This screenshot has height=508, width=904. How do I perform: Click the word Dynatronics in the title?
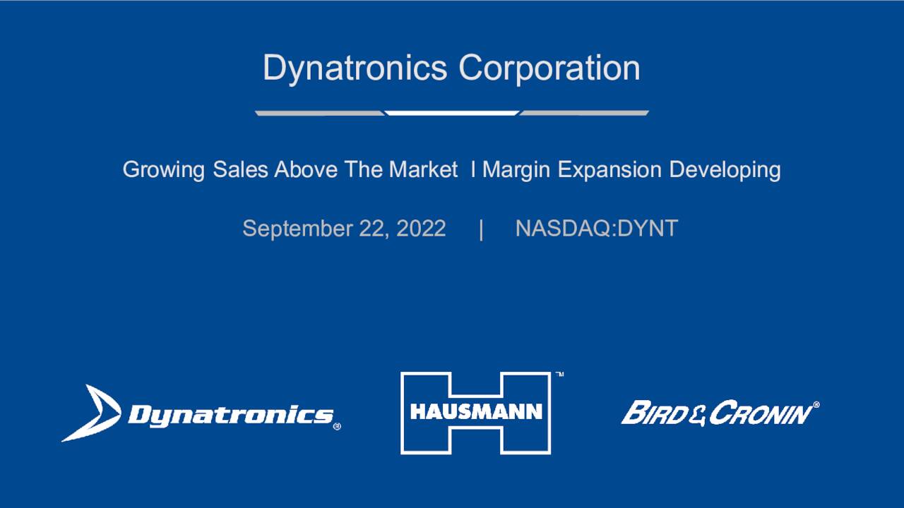coord(355,68)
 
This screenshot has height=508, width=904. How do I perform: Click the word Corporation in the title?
coord(549,68)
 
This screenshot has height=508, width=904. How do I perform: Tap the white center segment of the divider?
coord(452,113)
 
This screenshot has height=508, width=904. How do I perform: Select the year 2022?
coord(421,229)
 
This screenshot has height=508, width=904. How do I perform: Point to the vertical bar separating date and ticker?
coord(481,229)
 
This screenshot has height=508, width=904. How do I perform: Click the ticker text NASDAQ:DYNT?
coord(597,229)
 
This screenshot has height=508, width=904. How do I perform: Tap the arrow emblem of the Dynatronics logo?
coord(91,413)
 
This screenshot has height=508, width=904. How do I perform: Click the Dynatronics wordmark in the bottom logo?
coord(230,415)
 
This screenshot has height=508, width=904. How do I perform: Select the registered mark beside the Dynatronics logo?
coord(337,426)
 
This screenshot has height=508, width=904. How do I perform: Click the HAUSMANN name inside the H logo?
coord(475,411)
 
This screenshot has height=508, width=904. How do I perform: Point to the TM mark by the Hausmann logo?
coord(559,374)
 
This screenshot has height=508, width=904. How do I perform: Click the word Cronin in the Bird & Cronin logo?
coord(760,413)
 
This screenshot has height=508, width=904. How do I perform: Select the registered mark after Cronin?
coord(816,405)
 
